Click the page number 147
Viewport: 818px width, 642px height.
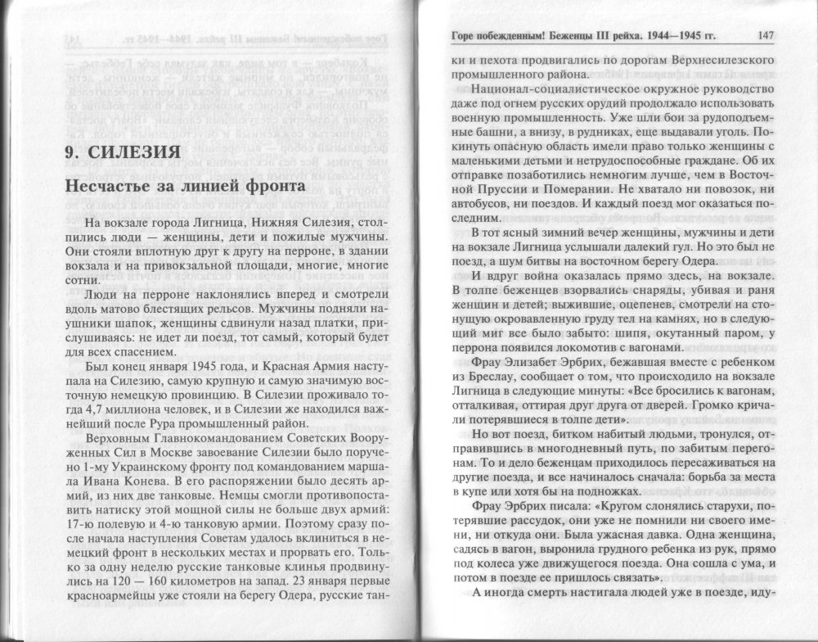coord(766,34)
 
